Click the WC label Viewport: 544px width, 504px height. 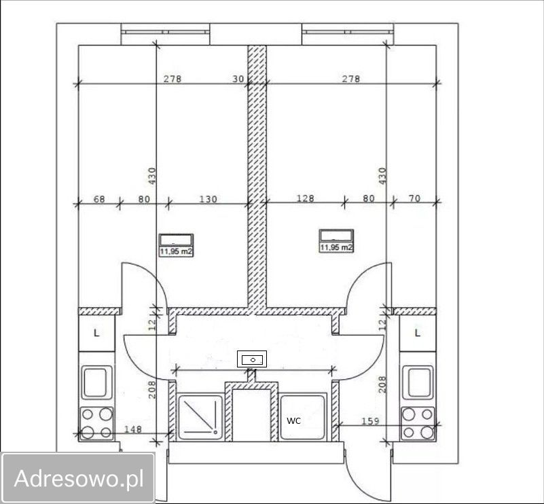click(x=293, y=420)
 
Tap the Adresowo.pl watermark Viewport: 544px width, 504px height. click(x=79, y=478)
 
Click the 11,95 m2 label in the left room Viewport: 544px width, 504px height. click(x=176, y=251)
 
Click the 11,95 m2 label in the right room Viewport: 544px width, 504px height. click(x=336, y=247)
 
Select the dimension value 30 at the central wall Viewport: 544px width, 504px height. click(x=238, y=79)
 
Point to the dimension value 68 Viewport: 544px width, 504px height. click(x=99, y=200)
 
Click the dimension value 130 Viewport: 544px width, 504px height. click(x=208, y=200)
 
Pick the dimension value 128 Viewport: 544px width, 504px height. click(x=306, y=198)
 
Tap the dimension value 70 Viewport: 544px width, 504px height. click(x=414, y=198)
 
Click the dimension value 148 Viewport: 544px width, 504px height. click(x=133, y=429)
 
